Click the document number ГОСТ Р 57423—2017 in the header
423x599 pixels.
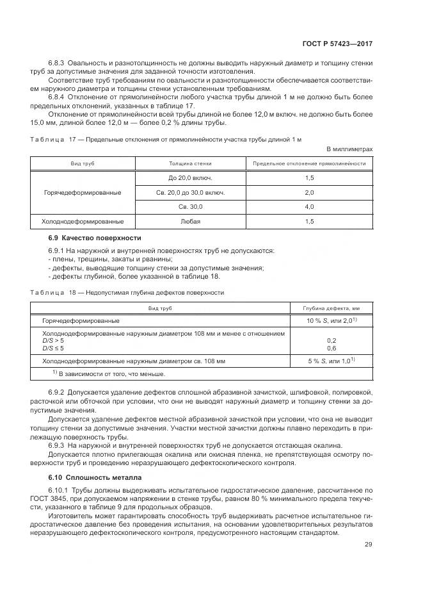point(337,44)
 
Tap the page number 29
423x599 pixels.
point(368,545)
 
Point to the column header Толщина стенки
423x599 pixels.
point(190,163)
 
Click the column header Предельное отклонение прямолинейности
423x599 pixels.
point(309,163)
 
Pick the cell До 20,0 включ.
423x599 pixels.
point(190,177)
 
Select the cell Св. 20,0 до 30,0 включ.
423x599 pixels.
point(190,192)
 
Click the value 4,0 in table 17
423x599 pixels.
point(309,207)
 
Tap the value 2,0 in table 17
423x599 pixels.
point(309,192)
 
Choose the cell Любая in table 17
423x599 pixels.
point(190,222)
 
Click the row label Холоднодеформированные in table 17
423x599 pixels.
point(83,222)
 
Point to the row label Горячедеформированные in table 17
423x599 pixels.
point(83,192)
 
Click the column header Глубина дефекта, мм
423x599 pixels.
point(331,308)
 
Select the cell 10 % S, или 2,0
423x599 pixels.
point(331,320)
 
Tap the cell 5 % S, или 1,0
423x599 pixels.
point(331,361)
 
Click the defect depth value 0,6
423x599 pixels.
point(331,348)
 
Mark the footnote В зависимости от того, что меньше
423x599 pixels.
point(103,373)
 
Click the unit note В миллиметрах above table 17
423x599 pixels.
point(349,149)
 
